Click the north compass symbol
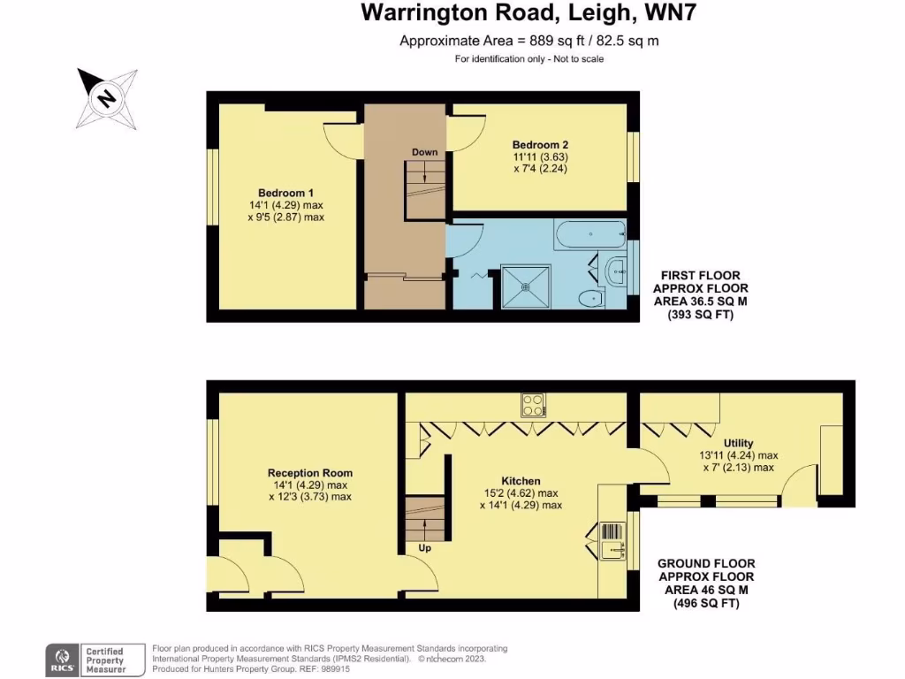(x=106, y=97)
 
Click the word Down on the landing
(x=424, y=152)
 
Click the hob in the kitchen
(x=533, y=405)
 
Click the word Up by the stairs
(x=425, y=548)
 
